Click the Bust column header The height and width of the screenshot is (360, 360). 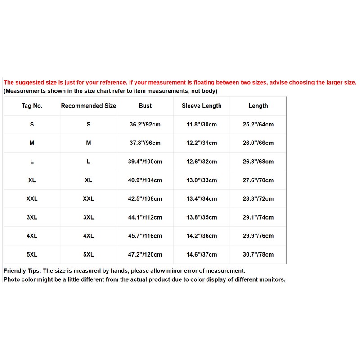coord(145,106)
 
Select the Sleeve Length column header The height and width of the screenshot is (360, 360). coord(202,106)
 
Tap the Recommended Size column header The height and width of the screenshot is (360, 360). coord(89,106)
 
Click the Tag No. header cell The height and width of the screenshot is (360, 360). coord(32,106)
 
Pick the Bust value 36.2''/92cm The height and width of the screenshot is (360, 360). coord(145,125)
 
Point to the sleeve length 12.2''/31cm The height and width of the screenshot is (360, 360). coord(202,143)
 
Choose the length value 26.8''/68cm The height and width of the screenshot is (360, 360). coord(258,162)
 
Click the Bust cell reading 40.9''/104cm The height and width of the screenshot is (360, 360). coord(145,180)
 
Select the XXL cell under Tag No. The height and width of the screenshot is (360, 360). coord(32,199)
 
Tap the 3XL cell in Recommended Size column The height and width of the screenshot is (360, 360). coord(89,217)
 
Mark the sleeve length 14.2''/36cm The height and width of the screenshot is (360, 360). coord(202,236)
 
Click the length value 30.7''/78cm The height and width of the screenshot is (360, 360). coord(258,254)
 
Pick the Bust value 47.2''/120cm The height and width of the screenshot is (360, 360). coord(145,254)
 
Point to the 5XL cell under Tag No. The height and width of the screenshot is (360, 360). coord(32,254)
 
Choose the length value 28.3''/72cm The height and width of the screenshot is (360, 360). coord(258,199)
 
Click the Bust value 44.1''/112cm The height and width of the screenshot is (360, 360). coord(145,217)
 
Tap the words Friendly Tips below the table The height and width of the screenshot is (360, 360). coord(22,270)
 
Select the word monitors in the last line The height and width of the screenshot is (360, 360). coord(271,279)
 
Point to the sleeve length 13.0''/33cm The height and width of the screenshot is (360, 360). coord(202,180)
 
